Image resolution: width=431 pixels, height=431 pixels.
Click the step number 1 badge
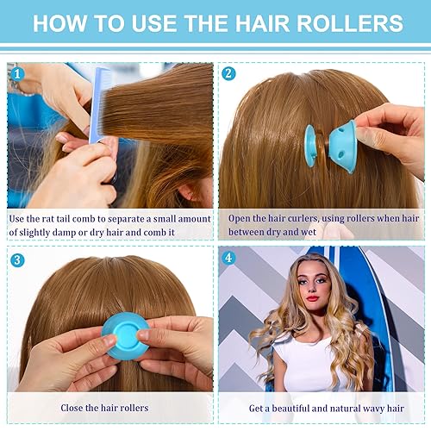point(16,73)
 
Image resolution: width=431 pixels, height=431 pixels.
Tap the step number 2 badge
point(228,73)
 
